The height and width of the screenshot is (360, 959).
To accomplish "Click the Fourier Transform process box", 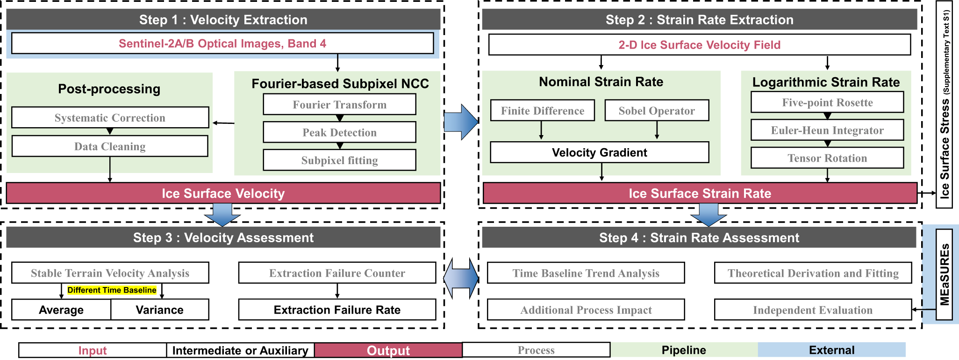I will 339,104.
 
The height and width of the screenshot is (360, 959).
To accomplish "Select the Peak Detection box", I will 339,132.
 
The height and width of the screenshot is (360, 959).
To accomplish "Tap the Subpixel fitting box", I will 339,160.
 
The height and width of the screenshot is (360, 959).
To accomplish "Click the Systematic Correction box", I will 110,118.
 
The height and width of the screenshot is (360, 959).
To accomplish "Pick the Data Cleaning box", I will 110,146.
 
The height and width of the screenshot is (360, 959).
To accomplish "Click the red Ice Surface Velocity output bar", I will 223,193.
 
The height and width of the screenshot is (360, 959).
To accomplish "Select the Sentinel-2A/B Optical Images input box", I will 222,43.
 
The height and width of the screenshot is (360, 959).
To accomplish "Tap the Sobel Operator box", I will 657,111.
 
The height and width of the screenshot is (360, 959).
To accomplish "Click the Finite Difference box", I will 543,111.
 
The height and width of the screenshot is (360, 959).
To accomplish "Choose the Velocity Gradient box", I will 600,152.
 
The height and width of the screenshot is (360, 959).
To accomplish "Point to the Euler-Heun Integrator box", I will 827,130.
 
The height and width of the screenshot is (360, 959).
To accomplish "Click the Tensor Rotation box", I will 827,158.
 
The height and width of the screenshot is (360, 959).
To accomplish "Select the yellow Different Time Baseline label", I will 112,290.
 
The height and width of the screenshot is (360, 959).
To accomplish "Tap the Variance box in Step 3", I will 160,310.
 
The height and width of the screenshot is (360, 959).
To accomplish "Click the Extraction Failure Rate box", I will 337,310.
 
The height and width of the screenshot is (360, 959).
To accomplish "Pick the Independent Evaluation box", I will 813,310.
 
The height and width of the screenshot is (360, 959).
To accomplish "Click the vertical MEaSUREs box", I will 945,274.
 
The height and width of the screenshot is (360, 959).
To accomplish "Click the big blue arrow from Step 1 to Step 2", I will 461,122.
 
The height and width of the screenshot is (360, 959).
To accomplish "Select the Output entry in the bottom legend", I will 388,350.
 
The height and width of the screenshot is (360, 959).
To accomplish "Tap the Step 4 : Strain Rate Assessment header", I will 699,238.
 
